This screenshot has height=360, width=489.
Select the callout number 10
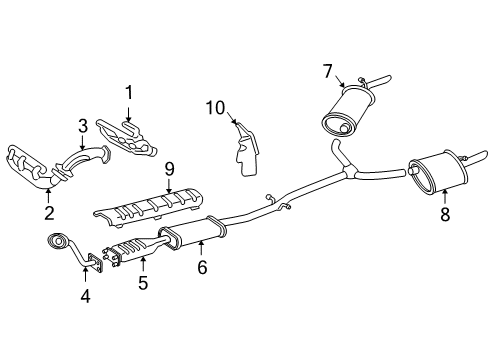(213, 106)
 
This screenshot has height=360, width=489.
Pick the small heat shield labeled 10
(244, 143)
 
